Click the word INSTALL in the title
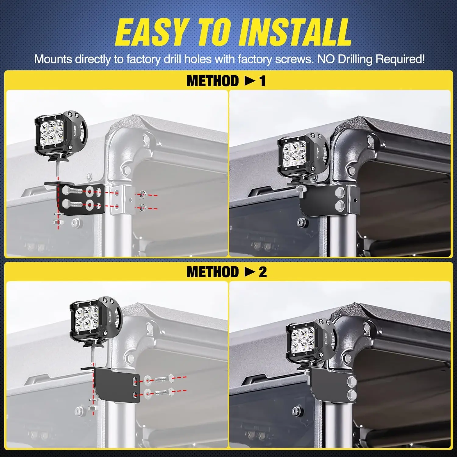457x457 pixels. coord(295,32)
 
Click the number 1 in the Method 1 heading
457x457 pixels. coord(262,81)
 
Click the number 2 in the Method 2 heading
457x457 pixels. coord(263,272)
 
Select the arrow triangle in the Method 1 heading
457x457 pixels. coord(250,81)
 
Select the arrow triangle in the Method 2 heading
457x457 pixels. coord(250,272)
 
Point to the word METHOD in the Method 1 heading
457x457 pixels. coord(213,81)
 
